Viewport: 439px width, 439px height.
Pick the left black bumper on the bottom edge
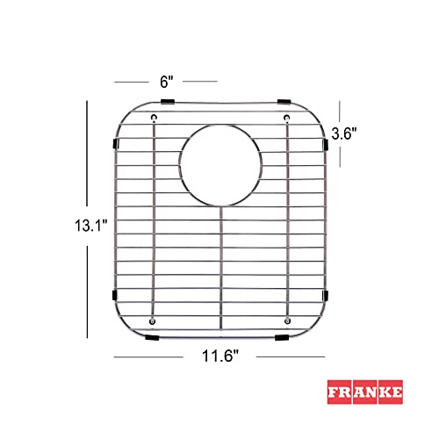pyautogui.click(x=153, y=336)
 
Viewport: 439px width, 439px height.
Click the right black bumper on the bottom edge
pyautogui.click(x=283, y=336)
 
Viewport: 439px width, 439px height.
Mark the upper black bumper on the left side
pyautogui.click(x=115, y=143)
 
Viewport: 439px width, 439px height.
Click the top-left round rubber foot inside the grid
pyautogui.click(x=155, y=117)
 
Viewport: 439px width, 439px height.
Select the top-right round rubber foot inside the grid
pyautogui.click(x=286, y=117)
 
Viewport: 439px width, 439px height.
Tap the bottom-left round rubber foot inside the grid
pyautogui.click(x=154, y=320)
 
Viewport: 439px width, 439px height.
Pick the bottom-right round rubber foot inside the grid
pyautogui.click(x=286, y=320)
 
